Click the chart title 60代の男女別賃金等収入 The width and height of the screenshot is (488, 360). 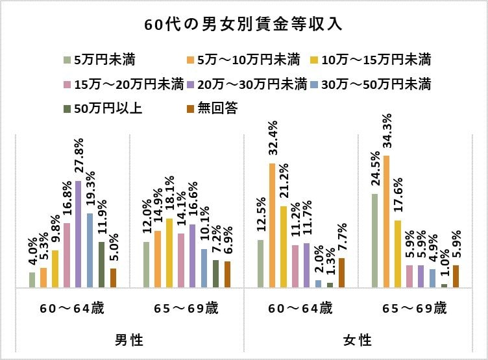click(x=243, y=25)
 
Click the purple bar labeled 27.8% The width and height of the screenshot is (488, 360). click(x=79, y=234)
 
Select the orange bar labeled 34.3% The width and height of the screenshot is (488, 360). click(x=386, y=221)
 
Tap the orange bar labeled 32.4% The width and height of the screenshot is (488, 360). click(x=273, y=224)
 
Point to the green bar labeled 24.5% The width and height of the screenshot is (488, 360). click(x=374, y=240)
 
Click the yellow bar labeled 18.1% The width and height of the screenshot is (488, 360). click(x=169, y=252)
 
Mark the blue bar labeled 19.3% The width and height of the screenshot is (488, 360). click(x=90, y=250)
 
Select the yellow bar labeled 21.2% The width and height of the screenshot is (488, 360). click(x=284, y=246)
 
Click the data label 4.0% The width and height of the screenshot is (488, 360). click(x=32, y=253)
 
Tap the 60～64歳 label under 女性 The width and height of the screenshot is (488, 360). click(x=300, y=308)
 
